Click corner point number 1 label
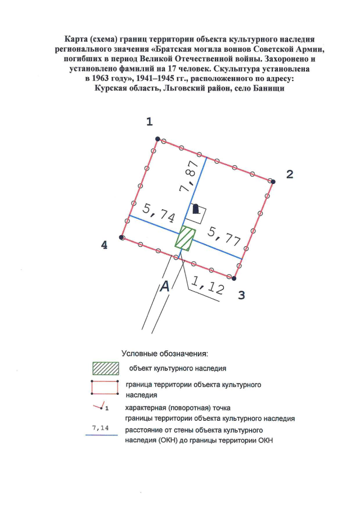pyautogui.click(x=150, y=121)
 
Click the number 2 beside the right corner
pyautogui.click(x=290, y=174)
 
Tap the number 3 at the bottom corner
pyautogui.click(x=241, y=294)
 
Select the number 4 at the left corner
pyautogui.click(x=104, y=245)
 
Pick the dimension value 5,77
pyautogui.click(x=225, y=235)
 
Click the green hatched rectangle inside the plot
pyautogui.click(x=184, y=238)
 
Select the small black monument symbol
pyautogui.click(x=196, y=210)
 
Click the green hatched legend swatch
pyautogui.click(x=106, y=368)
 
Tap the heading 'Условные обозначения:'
pyautogui.click(x=165, y=354)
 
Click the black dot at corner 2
pyautogui.click(x=273, y=182)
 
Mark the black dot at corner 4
pyautogui.click(x=121, y=238)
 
